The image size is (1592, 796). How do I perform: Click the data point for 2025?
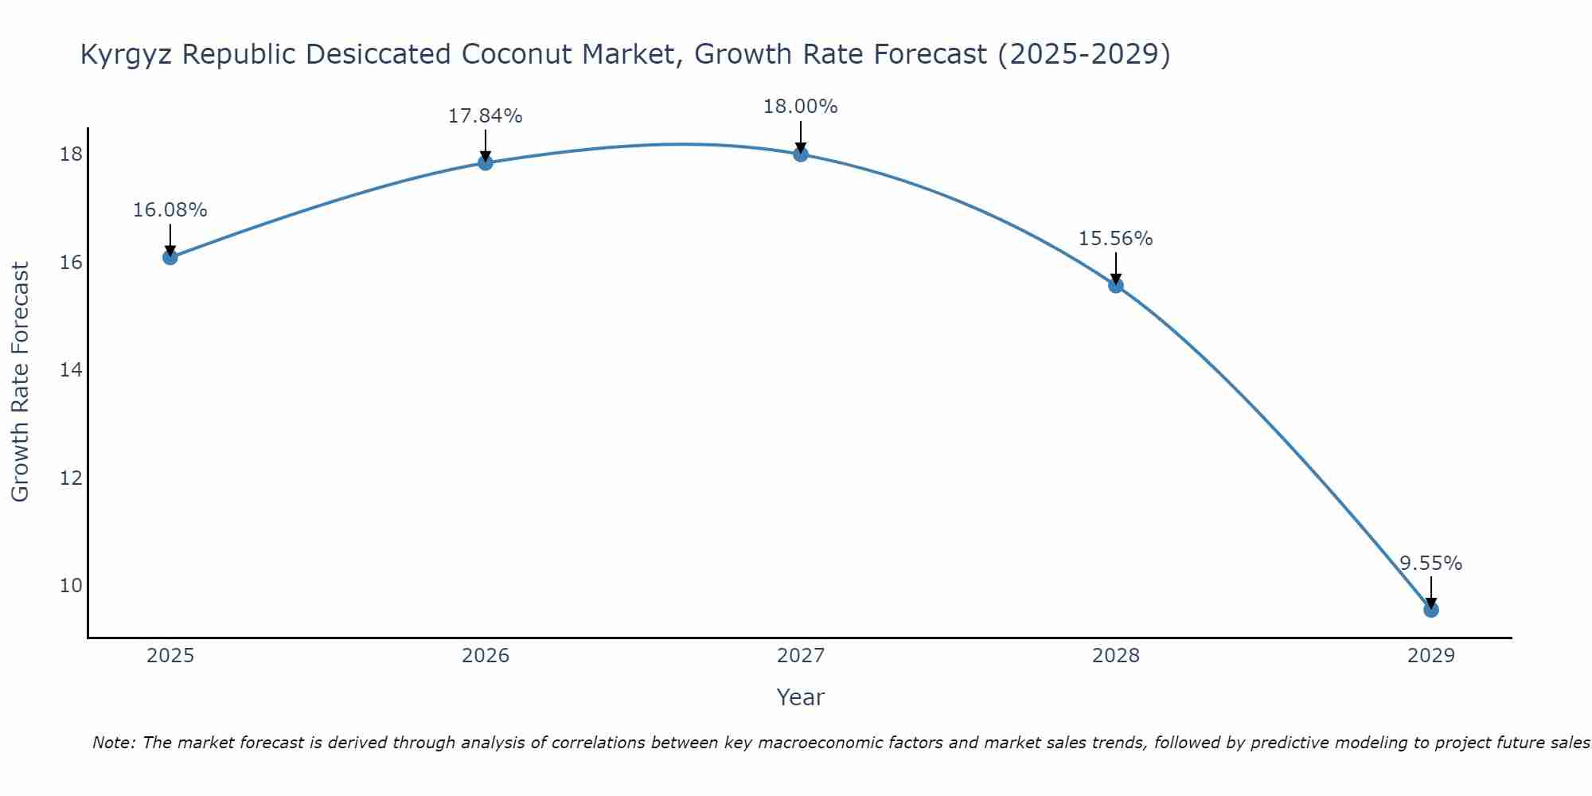[170, 257]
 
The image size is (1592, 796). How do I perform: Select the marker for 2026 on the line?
[486, 162]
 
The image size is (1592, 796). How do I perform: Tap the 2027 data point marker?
[801, 154]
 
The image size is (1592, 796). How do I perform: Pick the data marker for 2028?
[1116, 285]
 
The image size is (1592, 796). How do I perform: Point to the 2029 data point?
[1430, 610]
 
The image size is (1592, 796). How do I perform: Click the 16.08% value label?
[170, 210]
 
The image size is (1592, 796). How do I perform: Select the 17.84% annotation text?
[485, 116]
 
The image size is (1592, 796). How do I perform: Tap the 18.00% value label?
[800, 107]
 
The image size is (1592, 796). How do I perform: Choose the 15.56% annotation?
[1115, 239]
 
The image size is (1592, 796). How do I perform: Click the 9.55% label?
[1430, 564]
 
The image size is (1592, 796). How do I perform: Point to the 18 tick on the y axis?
[71, 154]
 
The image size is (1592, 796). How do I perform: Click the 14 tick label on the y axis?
[71, 370]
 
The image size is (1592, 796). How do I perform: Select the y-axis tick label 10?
[71, 586]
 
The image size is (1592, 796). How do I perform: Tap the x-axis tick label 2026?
[486, 656]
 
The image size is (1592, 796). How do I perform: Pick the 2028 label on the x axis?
[1116, 656]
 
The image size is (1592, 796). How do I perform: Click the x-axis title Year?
[800, 697]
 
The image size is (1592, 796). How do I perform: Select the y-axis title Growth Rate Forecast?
[21, 382]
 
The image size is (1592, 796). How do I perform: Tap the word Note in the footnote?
[114, 743]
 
